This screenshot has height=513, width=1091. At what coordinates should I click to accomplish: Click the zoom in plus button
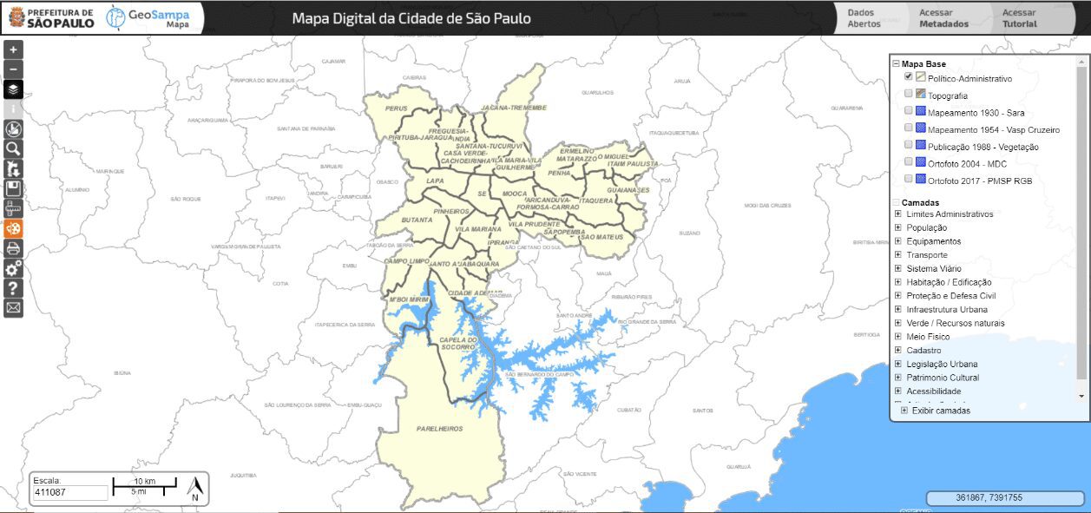pyautogui.click(x=13, y=50)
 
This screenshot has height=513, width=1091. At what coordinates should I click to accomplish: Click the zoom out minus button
pyautogui.click(x=13, y=69)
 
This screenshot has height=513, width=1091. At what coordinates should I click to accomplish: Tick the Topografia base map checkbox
pyautogui.click(x=909, y=94)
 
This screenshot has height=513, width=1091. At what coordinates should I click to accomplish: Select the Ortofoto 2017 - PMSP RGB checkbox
pyautogui.click(x=909, y=179)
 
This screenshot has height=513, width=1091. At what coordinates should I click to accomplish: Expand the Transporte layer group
pyautogui.click(x=898, y=255)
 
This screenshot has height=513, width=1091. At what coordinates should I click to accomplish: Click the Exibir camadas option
pyautogui.click(x=941, y=411)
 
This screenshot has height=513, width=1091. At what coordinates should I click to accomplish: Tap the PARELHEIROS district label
pyautogui.click(x=439, y=429)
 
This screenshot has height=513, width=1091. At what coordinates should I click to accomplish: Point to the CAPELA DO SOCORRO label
pyautogui.click(x=460, y=343)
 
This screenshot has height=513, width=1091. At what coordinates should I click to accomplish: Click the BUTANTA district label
pyautogui.click(x=417, y=220)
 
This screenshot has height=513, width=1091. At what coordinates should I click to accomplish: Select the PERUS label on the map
pyautogui.click(x=397, y=109)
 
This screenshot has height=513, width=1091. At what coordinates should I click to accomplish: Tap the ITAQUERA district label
pyautogui.click(x=596, y=201)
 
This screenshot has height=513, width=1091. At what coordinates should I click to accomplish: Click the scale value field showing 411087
pyautogui.click(x=70, y=493)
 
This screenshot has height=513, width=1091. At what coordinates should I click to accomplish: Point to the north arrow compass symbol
pyautogui.click(x=195, y=489)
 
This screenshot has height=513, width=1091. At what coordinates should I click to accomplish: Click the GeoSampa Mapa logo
pyautogui.click(x=148, y=17)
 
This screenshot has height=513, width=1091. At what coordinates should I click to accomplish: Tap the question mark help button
pyautogui.click(x=13, y=288)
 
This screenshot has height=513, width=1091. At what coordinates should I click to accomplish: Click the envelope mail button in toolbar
pyautogui.click(x=13, y=307)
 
